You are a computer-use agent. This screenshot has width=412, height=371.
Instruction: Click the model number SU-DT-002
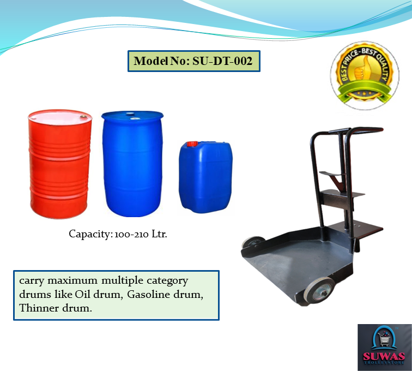coord(222,61)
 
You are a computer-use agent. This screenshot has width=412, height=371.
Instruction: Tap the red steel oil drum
coord(60,164)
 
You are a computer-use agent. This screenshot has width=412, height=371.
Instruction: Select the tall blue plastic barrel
coord(132,164)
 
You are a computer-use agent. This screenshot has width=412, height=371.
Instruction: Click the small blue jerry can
coord(205,177)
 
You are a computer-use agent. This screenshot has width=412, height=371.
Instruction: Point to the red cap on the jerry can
coord(192,144)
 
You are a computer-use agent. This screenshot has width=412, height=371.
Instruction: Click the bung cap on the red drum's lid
coord(83,116)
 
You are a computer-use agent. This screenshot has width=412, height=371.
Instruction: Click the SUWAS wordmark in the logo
coord(384,356)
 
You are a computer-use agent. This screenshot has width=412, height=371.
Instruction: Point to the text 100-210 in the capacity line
coord(132,234)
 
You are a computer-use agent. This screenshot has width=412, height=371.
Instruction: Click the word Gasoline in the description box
coord(148,294)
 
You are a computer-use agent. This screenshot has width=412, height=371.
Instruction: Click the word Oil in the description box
coord(82,294)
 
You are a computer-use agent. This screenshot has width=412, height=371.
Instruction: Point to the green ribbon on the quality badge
coord(365,89)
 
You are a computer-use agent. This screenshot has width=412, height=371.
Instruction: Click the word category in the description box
coord(167,281)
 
